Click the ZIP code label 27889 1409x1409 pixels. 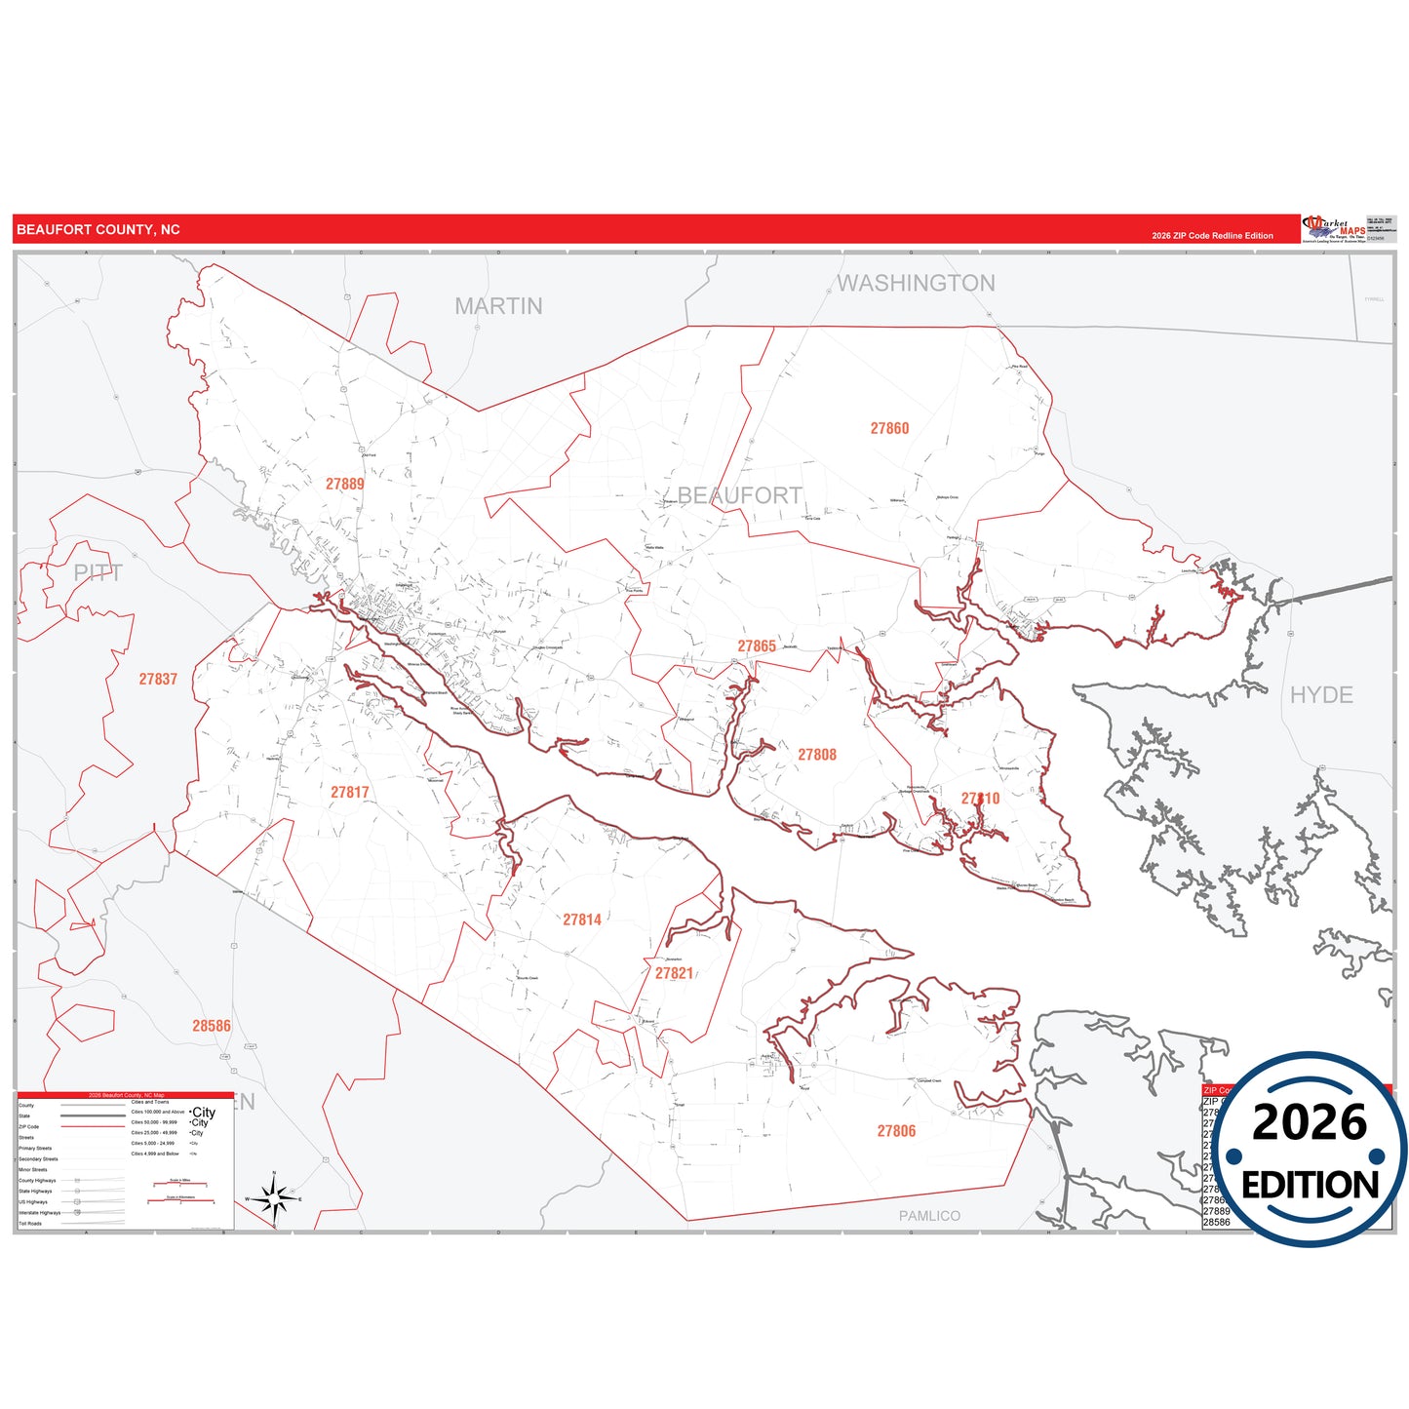point(345,484)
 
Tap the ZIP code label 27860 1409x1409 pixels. point(889,428)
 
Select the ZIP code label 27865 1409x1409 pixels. point(757,646)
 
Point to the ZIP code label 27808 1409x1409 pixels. point(817,755)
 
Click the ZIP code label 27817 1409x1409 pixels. point(349,793)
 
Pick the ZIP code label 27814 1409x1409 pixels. point(582,920)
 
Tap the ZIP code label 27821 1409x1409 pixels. point(674,973)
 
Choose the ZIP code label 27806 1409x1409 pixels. point(896,1131)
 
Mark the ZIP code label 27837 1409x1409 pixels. point(158,679)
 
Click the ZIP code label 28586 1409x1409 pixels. point(212,1026)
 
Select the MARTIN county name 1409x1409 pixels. point(498,306)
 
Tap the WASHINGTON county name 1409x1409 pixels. point(916,284)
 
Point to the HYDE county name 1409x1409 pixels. point(1321,695)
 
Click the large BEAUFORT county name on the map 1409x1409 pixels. point(739,495)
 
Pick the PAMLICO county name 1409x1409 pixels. point(929,1216)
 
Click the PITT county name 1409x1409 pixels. point(98,573)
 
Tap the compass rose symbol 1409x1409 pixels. point(275,1198)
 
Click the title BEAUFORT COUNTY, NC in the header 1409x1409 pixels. point(98,230)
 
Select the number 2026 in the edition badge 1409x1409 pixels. point(1310,1122)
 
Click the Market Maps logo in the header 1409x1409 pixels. point(1334,229)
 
